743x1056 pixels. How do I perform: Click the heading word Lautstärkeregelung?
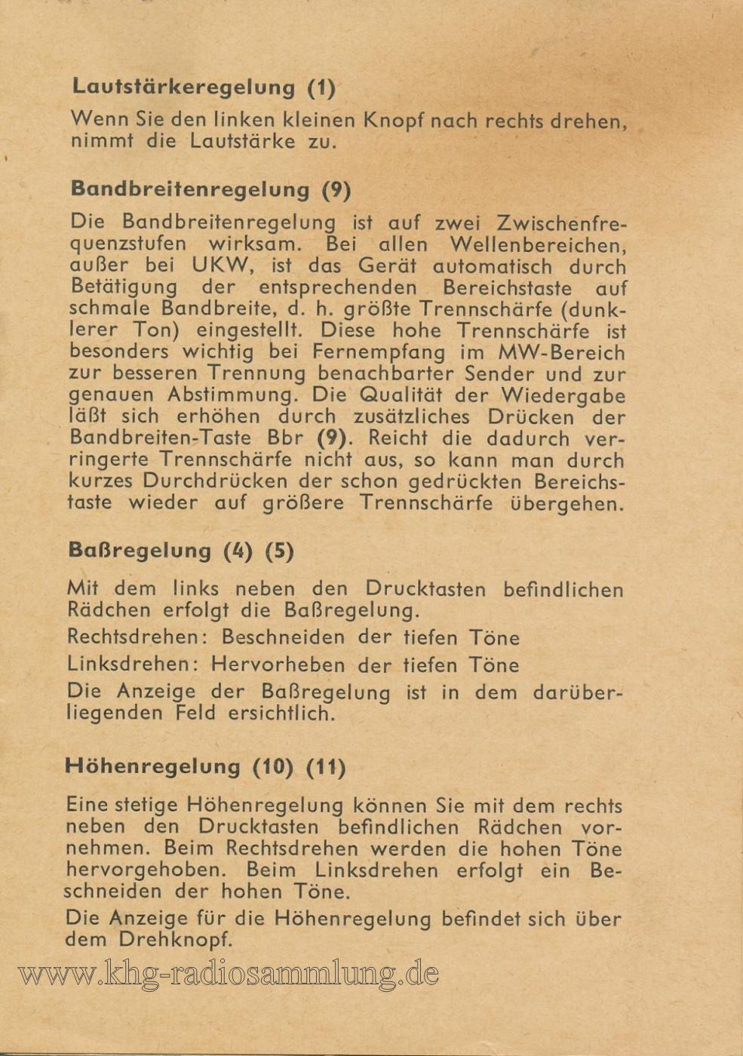click(x=183, y=87)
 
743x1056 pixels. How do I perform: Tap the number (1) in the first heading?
click(x=321, y=87)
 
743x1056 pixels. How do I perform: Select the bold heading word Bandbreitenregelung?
click(x=189, y=189)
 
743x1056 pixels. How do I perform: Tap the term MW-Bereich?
click(x=561, y=352)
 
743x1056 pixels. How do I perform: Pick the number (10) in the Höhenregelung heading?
click(x=272, y=767)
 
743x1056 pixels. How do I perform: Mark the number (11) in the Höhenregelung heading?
click(x=326, y=767)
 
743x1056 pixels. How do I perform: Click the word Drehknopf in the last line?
click(x=175, y=940)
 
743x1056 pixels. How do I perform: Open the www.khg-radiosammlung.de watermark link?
click(x=228, y=975)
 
